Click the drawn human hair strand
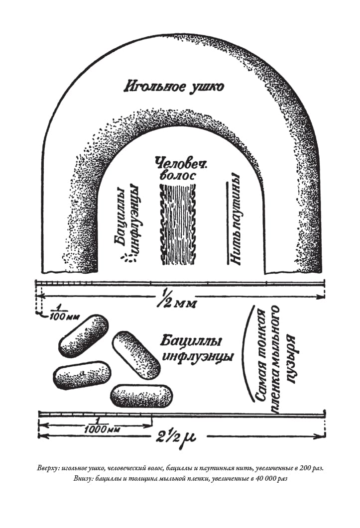pos(178,224)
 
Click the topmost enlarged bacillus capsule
pos(84,335)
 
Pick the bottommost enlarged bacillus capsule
pos(141,396)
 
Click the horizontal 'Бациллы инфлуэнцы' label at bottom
pos(197,349)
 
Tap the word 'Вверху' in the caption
pos(46,469)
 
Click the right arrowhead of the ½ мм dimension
pos(322,297)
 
